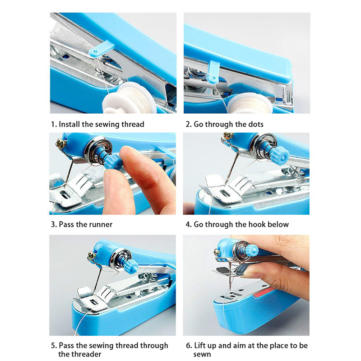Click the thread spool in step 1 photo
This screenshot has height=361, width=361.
(129, 98)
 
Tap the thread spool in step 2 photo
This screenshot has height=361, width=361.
(251, 104)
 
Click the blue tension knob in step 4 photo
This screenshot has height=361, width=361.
(280, 155)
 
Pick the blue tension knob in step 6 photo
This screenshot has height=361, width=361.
(252, 250)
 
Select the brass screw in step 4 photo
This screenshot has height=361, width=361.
(228, 136)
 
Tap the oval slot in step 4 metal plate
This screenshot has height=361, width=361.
(224, 193)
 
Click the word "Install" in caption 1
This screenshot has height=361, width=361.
(69, 124)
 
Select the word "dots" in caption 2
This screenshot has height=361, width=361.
(255, 124)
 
